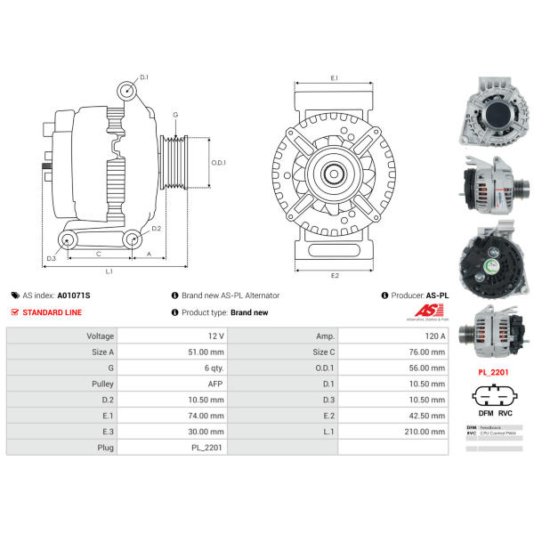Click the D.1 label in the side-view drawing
[x=144, y=77]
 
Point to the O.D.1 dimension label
[x=218, y=163]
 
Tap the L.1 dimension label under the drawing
[x=109, y=270]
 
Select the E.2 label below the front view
[x=335, y=275]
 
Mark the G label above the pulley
[x=175, y=116]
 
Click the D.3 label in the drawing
[x=52, y=259]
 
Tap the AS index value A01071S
[x=74, y=295]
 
